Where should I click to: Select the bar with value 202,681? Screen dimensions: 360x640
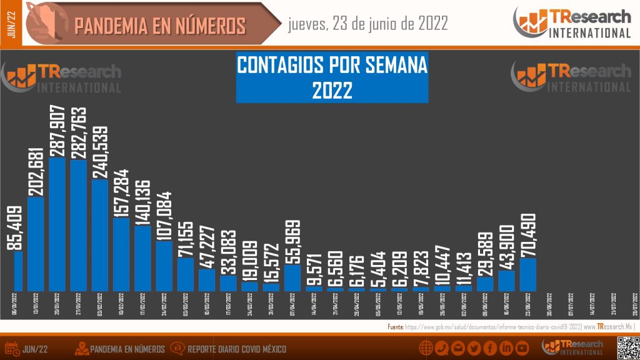point(36,244)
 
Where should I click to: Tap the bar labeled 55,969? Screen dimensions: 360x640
point(292,277)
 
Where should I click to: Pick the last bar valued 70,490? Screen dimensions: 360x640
point(528,274)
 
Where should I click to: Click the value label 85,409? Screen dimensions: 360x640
point(15,229)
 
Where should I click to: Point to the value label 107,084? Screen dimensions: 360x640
point(164,208)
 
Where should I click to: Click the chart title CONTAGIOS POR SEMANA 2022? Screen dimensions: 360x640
point(332,77)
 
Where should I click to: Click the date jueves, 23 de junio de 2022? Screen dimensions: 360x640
point(367,24)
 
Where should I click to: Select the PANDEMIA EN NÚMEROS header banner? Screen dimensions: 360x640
point(159,26)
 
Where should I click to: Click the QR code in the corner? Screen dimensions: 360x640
point(627,347)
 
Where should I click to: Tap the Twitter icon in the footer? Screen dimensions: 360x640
point(474,348)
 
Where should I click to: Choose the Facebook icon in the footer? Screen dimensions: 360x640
point(490,348)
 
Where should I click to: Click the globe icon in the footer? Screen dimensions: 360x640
point(426,348)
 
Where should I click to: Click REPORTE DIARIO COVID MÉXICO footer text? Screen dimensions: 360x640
point(237,349)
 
